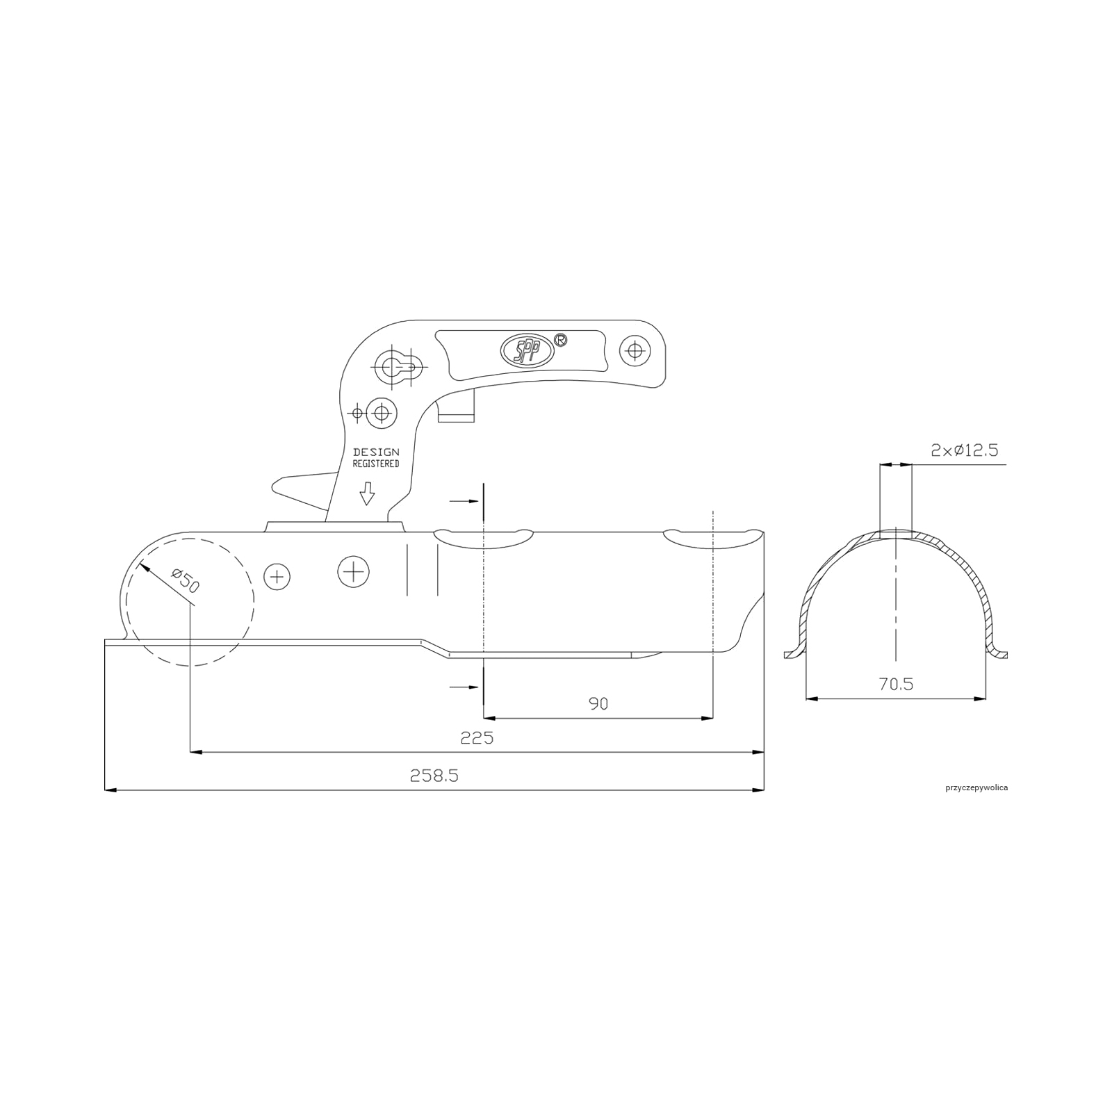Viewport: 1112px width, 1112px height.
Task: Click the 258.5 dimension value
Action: [434, 776]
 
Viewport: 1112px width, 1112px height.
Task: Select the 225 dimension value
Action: [477, 737]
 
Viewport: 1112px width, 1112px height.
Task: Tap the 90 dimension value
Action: [598, 703]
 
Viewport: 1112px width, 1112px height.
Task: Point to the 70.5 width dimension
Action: [896, 684]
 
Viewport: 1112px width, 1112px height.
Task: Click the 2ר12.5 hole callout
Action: [965, 450]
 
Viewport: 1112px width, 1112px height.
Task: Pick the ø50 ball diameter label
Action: [184, 580]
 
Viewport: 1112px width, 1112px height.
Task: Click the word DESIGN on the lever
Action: [376, 452]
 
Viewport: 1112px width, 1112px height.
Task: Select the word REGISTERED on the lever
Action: [376, 464]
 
